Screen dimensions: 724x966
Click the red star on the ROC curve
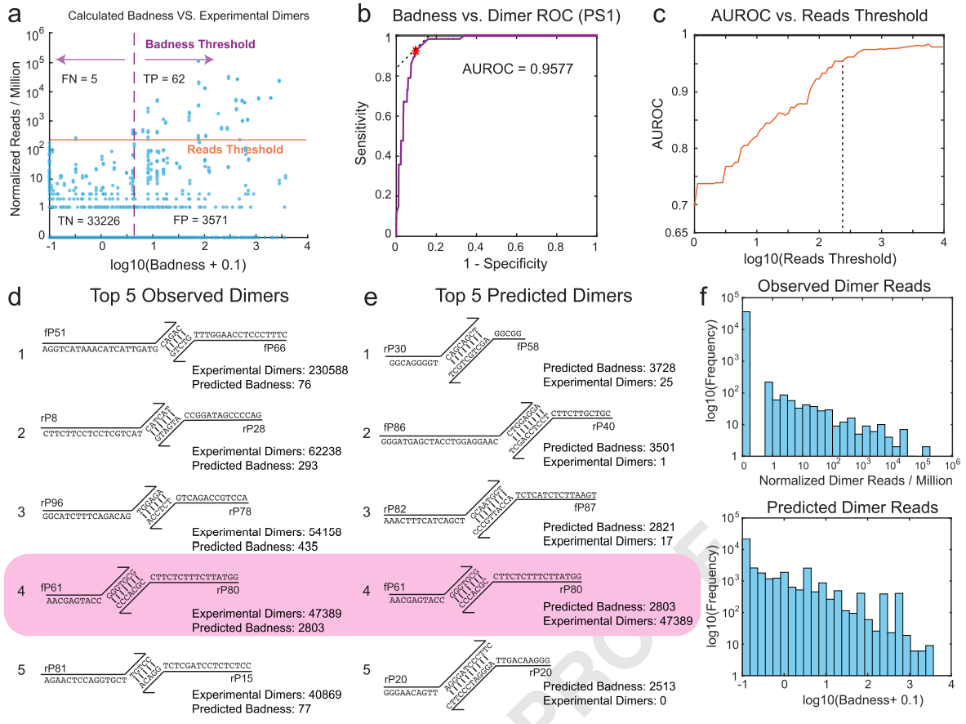click(x=416, y=51)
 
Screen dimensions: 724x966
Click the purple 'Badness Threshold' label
click(x=199, y=44)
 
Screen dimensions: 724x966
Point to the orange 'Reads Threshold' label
click(x=235, y=150)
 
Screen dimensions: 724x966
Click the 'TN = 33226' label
click(x=90, y=221)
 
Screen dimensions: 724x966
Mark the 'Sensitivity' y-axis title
click(x=361, y=136)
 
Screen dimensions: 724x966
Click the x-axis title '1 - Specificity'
click(x=495, y=263)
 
